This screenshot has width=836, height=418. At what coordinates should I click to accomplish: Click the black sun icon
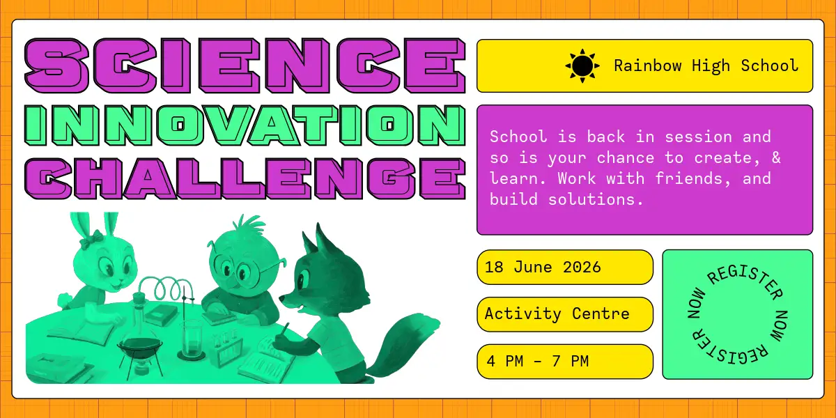pos(582,65)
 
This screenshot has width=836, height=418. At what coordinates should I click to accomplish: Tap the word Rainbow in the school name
pos(648,65)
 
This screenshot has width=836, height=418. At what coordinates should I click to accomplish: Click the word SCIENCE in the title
pos(245,65)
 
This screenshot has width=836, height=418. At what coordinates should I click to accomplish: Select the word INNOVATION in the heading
pos(245,125)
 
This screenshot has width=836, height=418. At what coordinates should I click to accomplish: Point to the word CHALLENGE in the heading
pos(245,178)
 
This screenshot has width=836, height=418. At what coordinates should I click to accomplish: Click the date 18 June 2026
pos(543,268)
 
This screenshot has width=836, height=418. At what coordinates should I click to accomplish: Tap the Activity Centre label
pos(557,314)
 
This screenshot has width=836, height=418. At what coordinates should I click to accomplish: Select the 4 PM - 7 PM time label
pos(538,362)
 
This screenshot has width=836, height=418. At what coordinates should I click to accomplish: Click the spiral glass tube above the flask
pos(165,289)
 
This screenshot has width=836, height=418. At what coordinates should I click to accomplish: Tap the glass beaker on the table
pos(192,341)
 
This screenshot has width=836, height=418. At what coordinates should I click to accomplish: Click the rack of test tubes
pos(226,349)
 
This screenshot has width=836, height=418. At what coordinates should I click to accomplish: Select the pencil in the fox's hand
pos(284,330)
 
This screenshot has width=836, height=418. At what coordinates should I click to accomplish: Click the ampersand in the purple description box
pos(776,157)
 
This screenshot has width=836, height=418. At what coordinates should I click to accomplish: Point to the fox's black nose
pos(281,298)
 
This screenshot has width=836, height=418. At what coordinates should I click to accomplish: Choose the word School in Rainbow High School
pos(770,65)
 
